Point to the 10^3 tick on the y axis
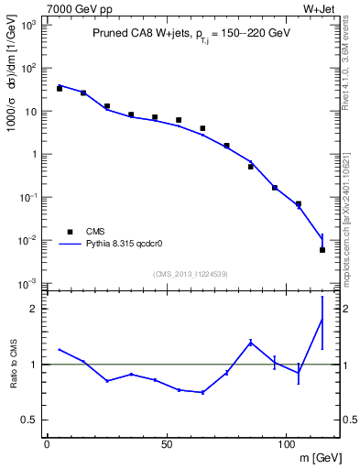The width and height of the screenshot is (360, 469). [27, 26]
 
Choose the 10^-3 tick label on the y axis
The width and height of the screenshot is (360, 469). [27, 283]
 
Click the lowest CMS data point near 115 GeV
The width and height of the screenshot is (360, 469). [322, 249]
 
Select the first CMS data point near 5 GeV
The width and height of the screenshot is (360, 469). [60, 89]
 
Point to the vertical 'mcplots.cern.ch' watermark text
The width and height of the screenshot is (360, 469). [348, 229]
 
